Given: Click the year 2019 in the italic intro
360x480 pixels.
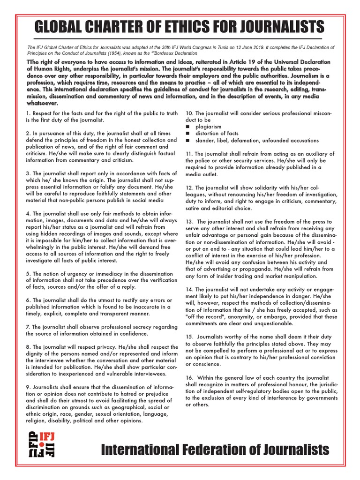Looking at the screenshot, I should tap(291, 48).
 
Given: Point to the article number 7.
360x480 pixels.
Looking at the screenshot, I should tap(28, 327).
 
